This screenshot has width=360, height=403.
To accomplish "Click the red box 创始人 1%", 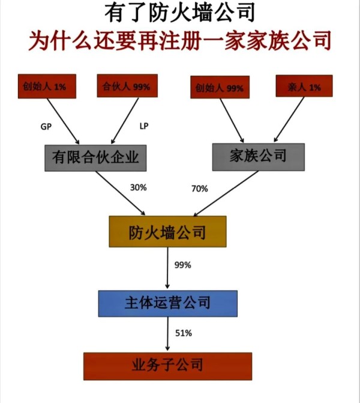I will (x=46, y=87).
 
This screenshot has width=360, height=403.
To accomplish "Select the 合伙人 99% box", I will (x=125, y=87).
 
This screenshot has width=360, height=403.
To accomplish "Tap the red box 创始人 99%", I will (x=219, y=88).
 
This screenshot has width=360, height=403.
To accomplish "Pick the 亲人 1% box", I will (x=304, y=87).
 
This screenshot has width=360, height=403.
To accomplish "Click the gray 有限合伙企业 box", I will (x=96, y=157).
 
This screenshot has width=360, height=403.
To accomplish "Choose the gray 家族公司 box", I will (x=259, y=156).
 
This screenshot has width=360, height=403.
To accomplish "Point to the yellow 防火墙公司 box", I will (x=167, y=232).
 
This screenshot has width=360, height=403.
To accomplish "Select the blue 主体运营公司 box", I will (x=167, y=303).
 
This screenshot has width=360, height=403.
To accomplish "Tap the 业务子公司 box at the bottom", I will (x=167, y=365).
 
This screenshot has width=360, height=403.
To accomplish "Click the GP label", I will (x=46, y=127).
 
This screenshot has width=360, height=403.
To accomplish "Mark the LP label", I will (x=144, y=127).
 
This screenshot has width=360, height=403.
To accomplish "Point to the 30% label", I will (x=138, y=187).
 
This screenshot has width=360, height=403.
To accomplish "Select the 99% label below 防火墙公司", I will (x=182, y=265).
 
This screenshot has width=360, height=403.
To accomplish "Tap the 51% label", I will (x=182, y=333).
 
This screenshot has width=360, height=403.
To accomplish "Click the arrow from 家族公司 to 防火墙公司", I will (x=225, y=193).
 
